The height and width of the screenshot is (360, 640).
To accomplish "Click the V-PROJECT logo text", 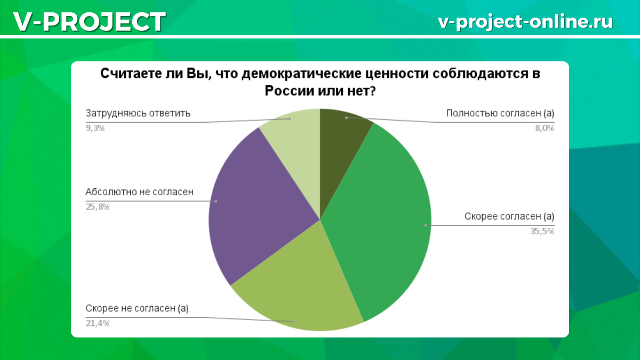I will (89, 22).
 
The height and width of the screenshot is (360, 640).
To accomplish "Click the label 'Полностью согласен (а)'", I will (500, 113).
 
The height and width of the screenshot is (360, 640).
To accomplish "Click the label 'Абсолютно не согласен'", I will (139, 192).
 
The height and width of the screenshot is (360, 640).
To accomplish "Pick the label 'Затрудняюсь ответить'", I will (138, 113).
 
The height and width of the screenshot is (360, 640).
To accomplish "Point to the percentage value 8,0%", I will (544, 128).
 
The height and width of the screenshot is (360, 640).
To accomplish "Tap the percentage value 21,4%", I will (98, 323).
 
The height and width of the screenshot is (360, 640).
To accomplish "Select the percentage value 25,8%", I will (98, 207).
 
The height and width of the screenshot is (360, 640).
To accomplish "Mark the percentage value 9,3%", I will (95, 128).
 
